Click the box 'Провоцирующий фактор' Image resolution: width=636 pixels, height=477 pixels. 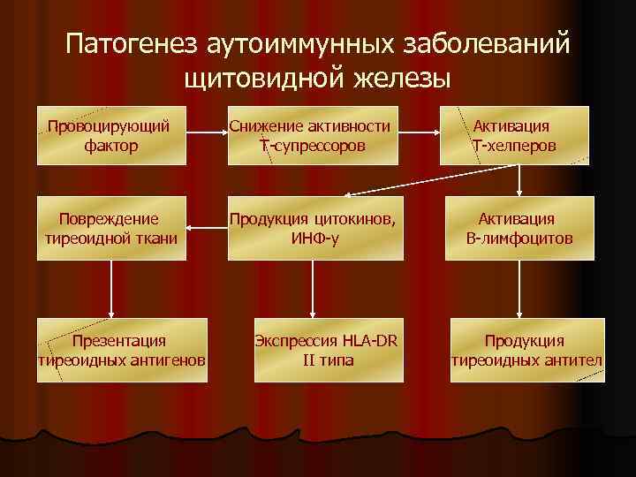pos(111,135)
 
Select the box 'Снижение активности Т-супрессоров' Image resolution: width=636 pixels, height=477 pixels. pos(311,135)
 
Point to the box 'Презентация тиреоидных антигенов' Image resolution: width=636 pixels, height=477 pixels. pos(121,350)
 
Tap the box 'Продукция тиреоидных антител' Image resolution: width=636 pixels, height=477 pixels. pos(527,350)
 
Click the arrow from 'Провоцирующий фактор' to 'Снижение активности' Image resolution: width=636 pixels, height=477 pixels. pos(207,134)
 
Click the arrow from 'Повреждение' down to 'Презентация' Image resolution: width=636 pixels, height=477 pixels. pos(111,290)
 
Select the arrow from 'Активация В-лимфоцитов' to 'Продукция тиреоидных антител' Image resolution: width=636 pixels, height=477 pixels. pos(519,290)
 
